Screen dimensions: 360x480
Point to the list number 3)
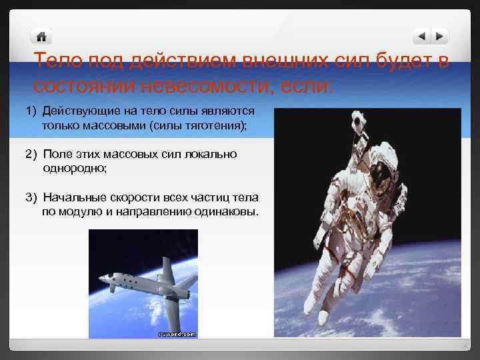point(31,198)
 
